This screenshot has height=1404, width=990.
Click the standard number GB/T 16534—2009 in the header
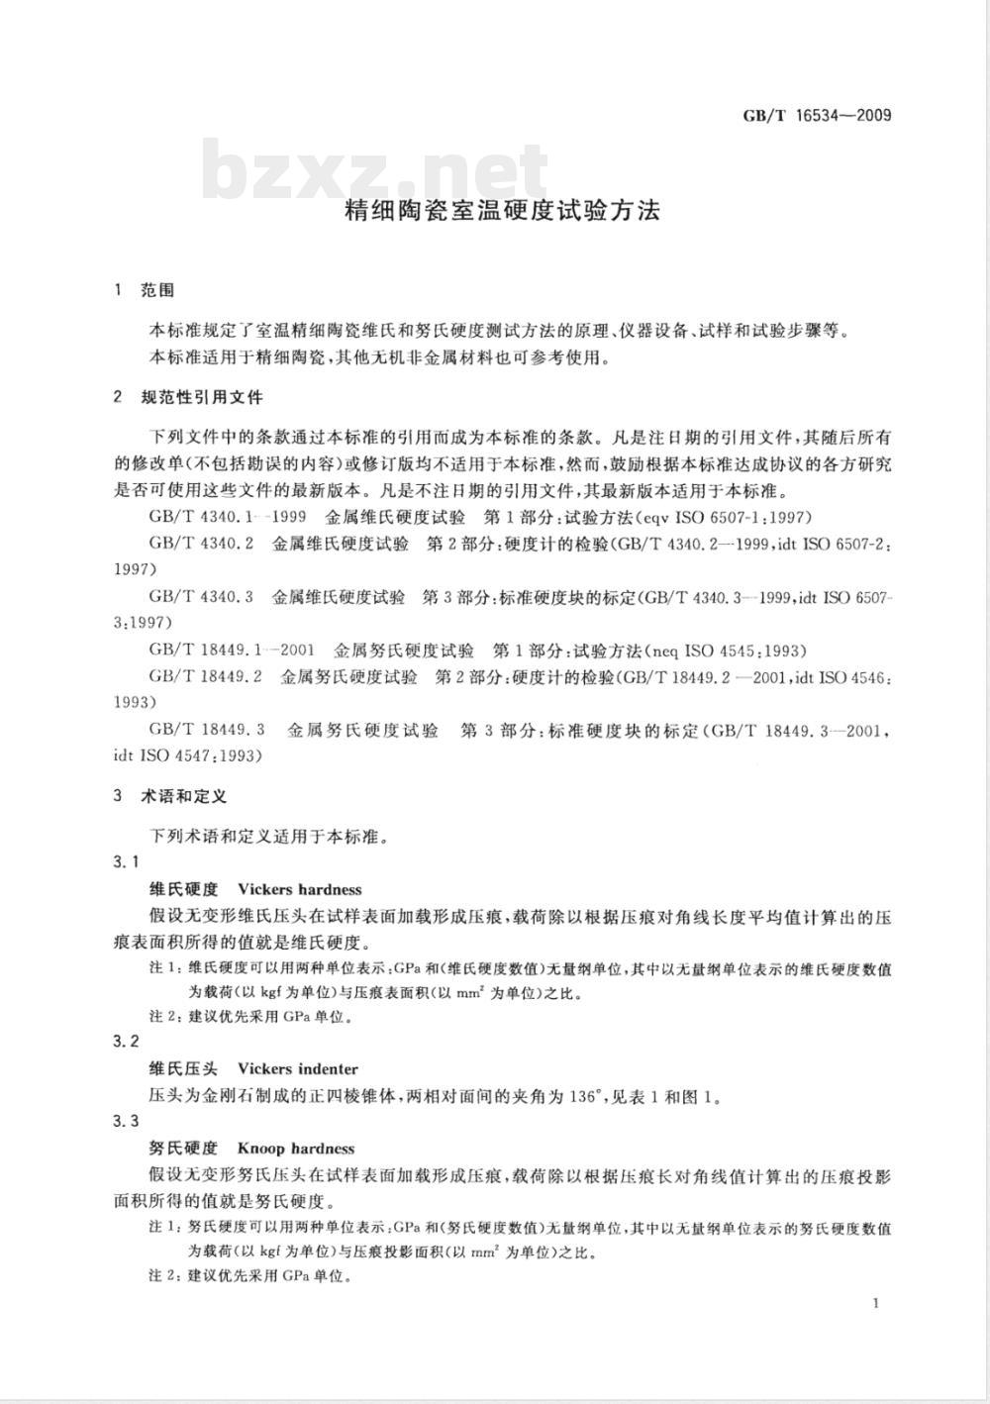(817, 115)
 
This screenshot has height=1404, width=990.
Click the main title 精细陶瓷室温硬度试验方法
(501, 211)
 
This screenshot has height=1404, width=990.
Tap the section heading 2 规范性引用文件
(188, 398)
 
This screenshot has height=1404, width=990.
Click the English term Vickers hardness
(300, 889)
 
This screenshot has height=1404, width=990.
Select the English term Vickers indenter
(298, 1069)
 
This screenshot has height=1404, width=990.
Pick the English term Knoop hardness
(296, 1149)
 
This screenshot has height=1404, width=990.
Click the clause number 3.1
(127, 862)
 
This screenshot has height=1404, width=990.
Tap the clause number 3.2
(127, 1042)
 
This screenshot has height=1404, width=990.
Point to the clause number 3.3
(127, 1121)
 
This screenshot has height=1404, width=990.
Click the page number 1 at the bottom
(877, 1303)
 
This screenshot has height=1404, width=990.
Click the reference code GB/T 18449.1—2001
(232, 651)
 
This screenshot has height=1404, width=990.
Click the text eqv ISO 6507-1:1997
(727, 517)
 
